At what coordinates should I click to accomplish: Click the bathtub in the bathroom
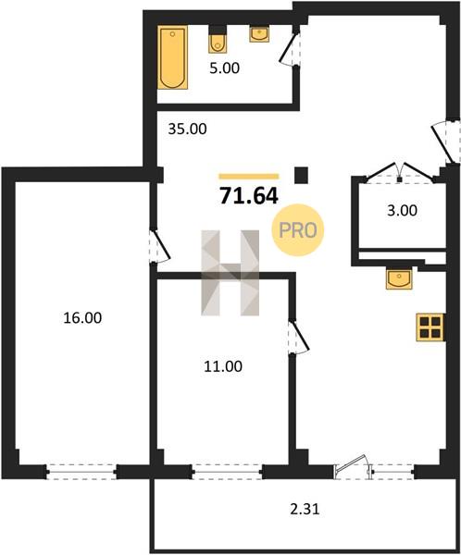(172, 57)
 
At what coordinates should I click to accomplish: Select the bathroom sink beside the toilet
(259, 34)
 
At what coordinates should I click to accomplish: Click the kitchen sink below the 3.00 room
(399, 278)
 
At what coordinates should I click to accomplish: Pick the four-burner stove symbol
(430, 327)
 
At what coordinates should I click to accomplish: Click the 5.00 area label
(224, 68)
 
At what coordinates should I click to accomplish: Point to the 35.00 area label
(187, 129)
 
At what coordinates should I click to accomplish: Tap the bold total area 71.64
(249, 196)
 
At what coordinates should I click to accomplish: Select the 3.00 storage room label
(402, 211)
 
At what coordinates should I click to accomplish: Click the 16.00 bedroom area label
(82, 318)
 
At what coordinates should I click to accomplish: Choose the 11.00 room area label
(223, 366)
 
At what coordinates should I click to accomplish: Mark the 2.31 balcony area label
(305, 510)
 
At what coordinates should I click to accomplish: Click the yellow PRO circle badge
(298, 230)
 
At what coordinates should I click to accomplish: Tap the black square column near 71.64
(301, 175)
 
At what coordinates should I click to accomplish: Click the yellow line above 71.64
(249, 177)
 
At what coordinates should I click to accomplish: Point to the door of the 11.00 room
(298, 337)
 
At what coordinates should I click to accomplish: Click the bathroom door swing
(289, 49)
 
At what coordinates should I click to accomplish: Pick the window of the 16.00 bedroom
(81, 472)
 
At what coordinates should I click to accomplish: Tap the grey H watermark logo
(230, 273)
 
